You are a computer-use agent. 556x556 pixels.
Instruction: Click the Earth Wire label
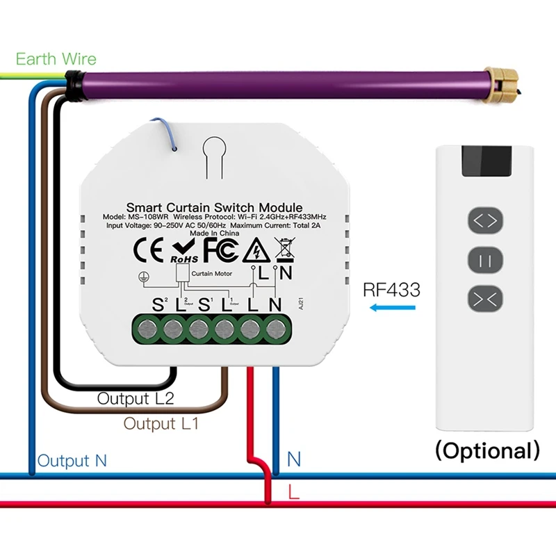(x=56, y=59)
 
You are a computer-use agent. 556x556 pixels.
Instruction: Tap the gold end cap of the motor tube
(x=500, y=84)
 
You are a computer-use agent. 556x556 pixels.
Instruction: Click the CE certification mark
(x=149, y=250)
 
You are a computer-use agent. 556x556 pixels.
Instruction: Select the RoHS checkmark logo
(x=184, y=251)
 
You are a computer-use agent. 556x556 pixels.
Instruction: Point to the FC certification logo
(x=221, y=250)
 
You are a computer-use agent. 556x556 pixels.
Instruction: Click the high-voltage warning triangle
(x=256, y=250)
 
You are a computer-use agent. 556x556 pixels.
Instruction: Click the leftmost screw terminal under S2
(x=147, y=329)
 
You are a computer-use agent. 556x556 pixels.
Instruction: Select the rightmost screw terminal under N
(x=277, y=329)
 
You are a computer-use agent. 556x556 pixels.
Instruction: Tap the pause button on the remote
(x=485, y=261)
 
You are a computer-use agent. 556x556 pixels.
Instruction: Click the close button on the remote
(x=485, y=300)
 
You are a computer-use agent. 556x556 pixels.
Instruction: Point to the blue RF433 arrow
(x=393, y=307)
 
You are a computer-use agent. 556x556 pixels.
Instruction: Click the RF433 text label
(x=392, y=289)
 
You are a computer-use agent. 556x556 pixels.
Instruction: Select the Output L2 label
(x=136, y=398)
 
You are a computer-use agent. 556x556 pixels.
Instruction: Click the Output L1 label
(x=161, y=423)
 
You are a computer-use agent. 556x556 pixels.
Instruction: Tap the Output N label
(x=72, y=461)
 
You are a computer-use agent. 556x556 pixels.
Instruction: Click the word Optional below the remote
(x=488, y=450)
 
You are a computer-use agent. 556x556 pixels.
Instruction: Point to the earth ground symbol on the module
(x=144, y=277)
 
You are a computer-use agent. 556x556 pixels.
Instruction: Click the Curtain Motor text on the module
(x=212, y=274)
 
